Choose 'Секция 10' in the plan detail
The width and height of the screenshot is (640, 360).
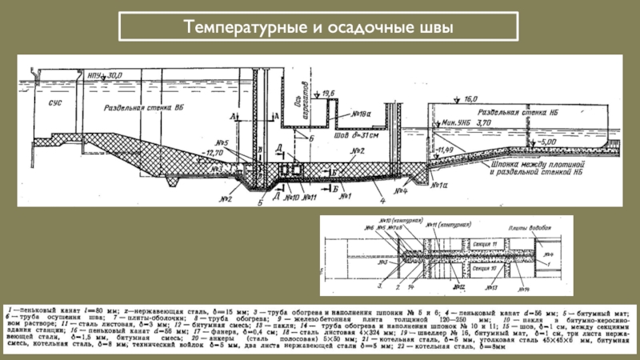pyautogui.click(x=483, y=270)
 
